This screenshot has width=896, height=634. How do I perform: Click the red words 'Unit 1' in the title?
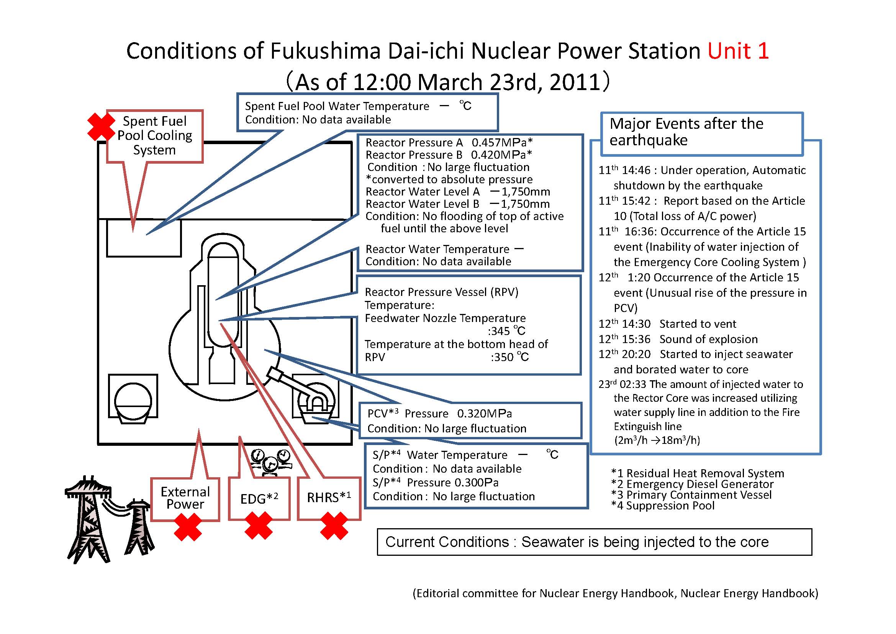[738, 51]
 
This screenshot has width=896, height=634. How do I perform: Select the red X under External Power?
[188, 527]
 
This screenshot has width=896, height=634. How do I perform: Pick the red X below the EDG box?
[259, 526]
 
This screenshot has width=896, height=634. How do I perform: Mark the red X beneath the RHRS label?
[334, 526]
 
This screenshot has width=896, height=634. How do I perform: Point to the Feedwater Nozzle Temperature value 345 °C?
[506, 331]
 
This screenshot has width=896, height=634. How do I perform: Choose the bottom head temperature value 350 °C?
[509, 357]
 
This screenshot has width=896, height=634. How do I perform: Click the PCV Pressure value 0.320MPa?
[484, 414]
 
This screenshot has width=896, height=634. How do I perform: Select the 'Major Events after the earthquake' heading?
[686, 131]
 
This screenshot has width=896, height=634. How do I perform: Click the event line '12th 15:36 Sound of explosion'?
[678, 339]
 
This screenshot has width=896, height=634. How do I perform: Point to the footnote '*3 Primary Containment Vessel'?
[691, 495]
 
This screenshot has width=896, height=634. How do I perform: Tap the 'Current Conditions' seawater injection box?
[595, 542]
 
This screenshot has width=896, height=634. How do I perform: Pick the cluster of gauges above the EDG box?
[271, 463]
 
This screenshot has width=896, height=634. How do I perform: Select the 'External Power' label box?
[185, 499]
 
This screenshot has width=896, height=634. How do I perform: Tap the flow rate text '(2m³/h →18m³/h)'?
[657, 440]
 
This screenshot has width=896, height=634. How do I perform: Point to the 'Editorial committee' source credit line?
[616, 593]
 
